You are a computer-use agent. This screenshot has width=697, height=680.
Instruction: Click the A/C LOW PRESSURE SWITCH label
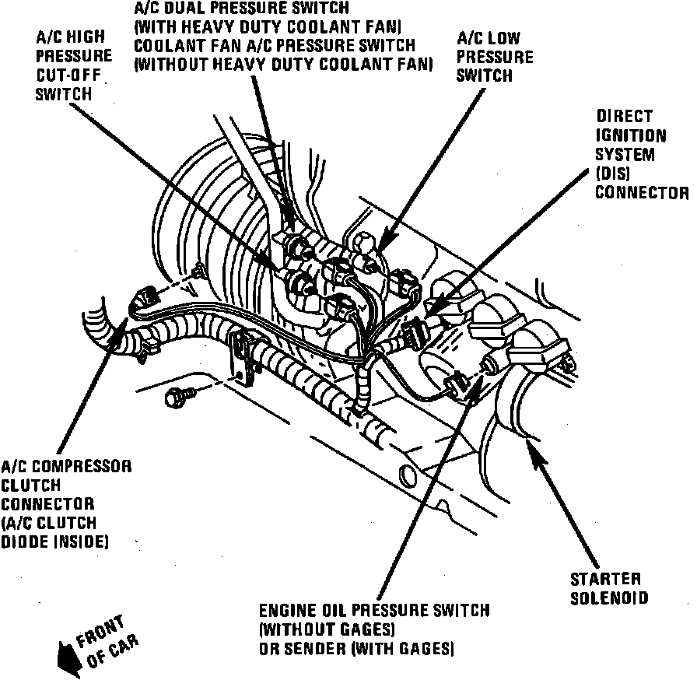tap(494, 57)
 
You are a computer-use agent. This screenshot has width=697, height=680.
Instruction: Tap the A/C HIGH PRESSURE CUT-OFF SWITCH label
tap(74, 66)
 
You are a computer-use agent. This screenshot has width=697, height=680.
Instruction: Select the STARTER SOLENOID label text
tap(605, 589)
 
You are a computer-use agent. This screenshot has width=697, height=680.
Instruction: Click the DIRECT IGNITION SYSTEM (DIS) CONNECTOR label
tap(641, 154)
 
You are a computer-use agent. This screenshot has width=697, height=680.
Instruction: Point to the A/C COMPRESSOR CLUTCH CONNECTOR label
tap(65, 503)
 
